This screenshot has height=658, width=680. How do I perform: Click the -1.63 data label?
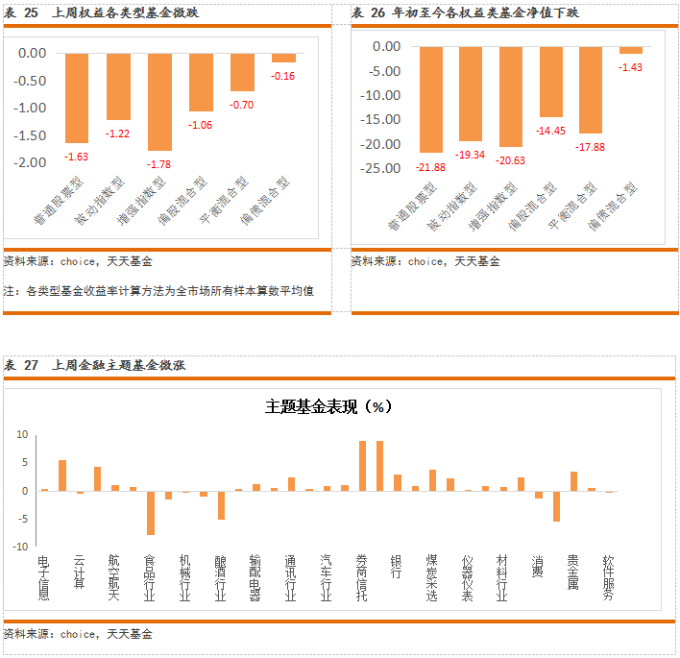pos(77,156)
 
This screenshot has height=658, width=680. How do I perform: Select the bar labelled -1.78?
pos(159,101)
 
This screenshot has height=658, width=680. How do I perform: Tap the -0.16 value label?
pos(283,76)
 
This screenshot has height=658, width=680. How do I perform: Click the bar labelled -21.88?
pos(431,99)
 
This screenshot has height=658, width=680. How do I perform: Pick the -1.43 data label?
pos(630,66)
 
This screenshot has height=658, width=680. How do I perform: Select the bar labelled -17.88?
pos(590,89)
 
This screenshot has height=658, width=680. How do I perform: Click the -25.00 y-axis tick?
pos(380,168)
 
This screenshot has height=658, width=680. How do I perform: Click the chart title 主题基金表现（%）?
pos(329,406)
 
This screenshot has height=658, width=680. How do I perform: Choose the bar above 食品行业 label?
pos(151,513)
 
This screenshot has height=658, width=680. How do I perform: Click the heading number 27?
pos(32,365)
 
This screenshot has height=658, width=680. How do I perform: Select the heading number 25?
pos(32,12)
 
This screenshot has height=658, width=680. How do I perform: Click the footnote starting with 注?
pos(159,291)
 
